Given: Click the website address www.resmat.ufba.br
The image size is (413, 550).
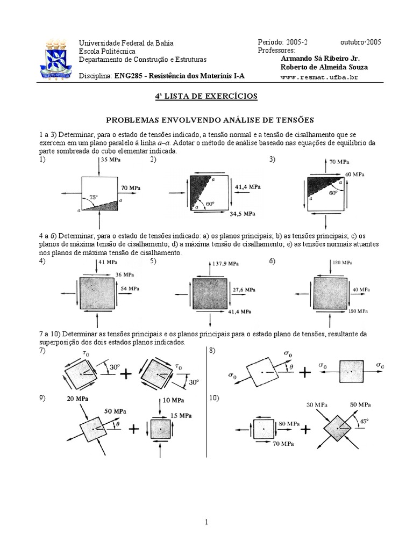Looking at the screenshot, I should (x=319, y=77).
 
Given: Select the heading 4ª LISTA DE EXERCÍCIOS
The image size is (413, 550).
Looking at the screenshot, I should (x=206, y=96).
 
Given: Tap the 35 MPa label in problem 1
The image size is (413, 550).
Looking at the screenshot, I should (x=110, y=160).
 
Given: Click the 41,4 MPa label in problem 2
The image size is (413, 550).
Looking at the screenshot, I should (x=248, y=186).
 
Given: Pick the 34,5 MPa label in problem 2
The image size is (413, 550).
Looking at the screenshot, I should (x=242, y=214).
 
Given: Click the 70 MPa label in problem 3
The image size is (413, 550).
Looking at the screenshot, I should (x=339, y=161).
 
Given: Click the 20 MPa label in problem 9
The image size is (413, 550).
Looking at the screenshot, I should (x=78, y=399).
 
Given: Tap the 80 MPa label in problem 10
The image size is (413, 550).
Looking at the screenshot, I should (x=290, y=423).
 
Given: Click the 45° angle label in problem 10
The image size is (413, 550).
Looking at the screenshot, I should (x=365, y=421).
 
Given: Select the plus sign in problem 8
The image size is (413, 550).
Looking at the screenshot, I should (x=305, y=372).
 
